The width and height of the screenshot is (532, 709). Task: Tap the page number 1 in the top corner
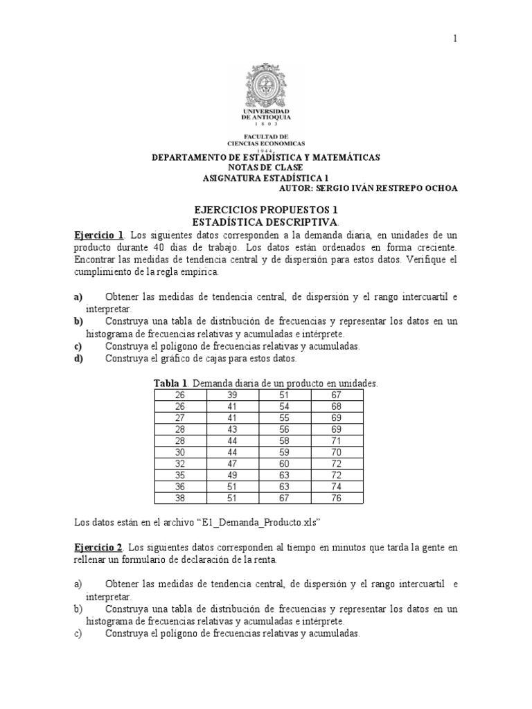coord(455,39)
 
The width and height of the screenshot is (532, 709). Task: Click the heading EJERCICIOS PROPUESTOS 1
coord(266,209)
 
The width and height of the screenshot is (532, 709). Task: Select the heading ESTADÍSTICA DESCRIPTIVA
coord(265,221)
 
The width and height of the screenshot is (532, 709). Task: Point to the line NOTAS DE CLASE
coord(265,168)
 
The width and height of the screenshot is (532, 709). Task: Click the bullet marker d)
coord(78,358)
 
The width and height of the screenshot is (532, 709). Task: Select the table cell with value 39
coord(232,395)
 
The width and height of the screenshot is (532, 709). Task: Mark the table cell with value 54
coord(285,406)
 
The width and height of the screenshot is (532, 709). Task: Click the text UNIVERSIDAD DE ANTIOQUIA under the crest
coord(266,115)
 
